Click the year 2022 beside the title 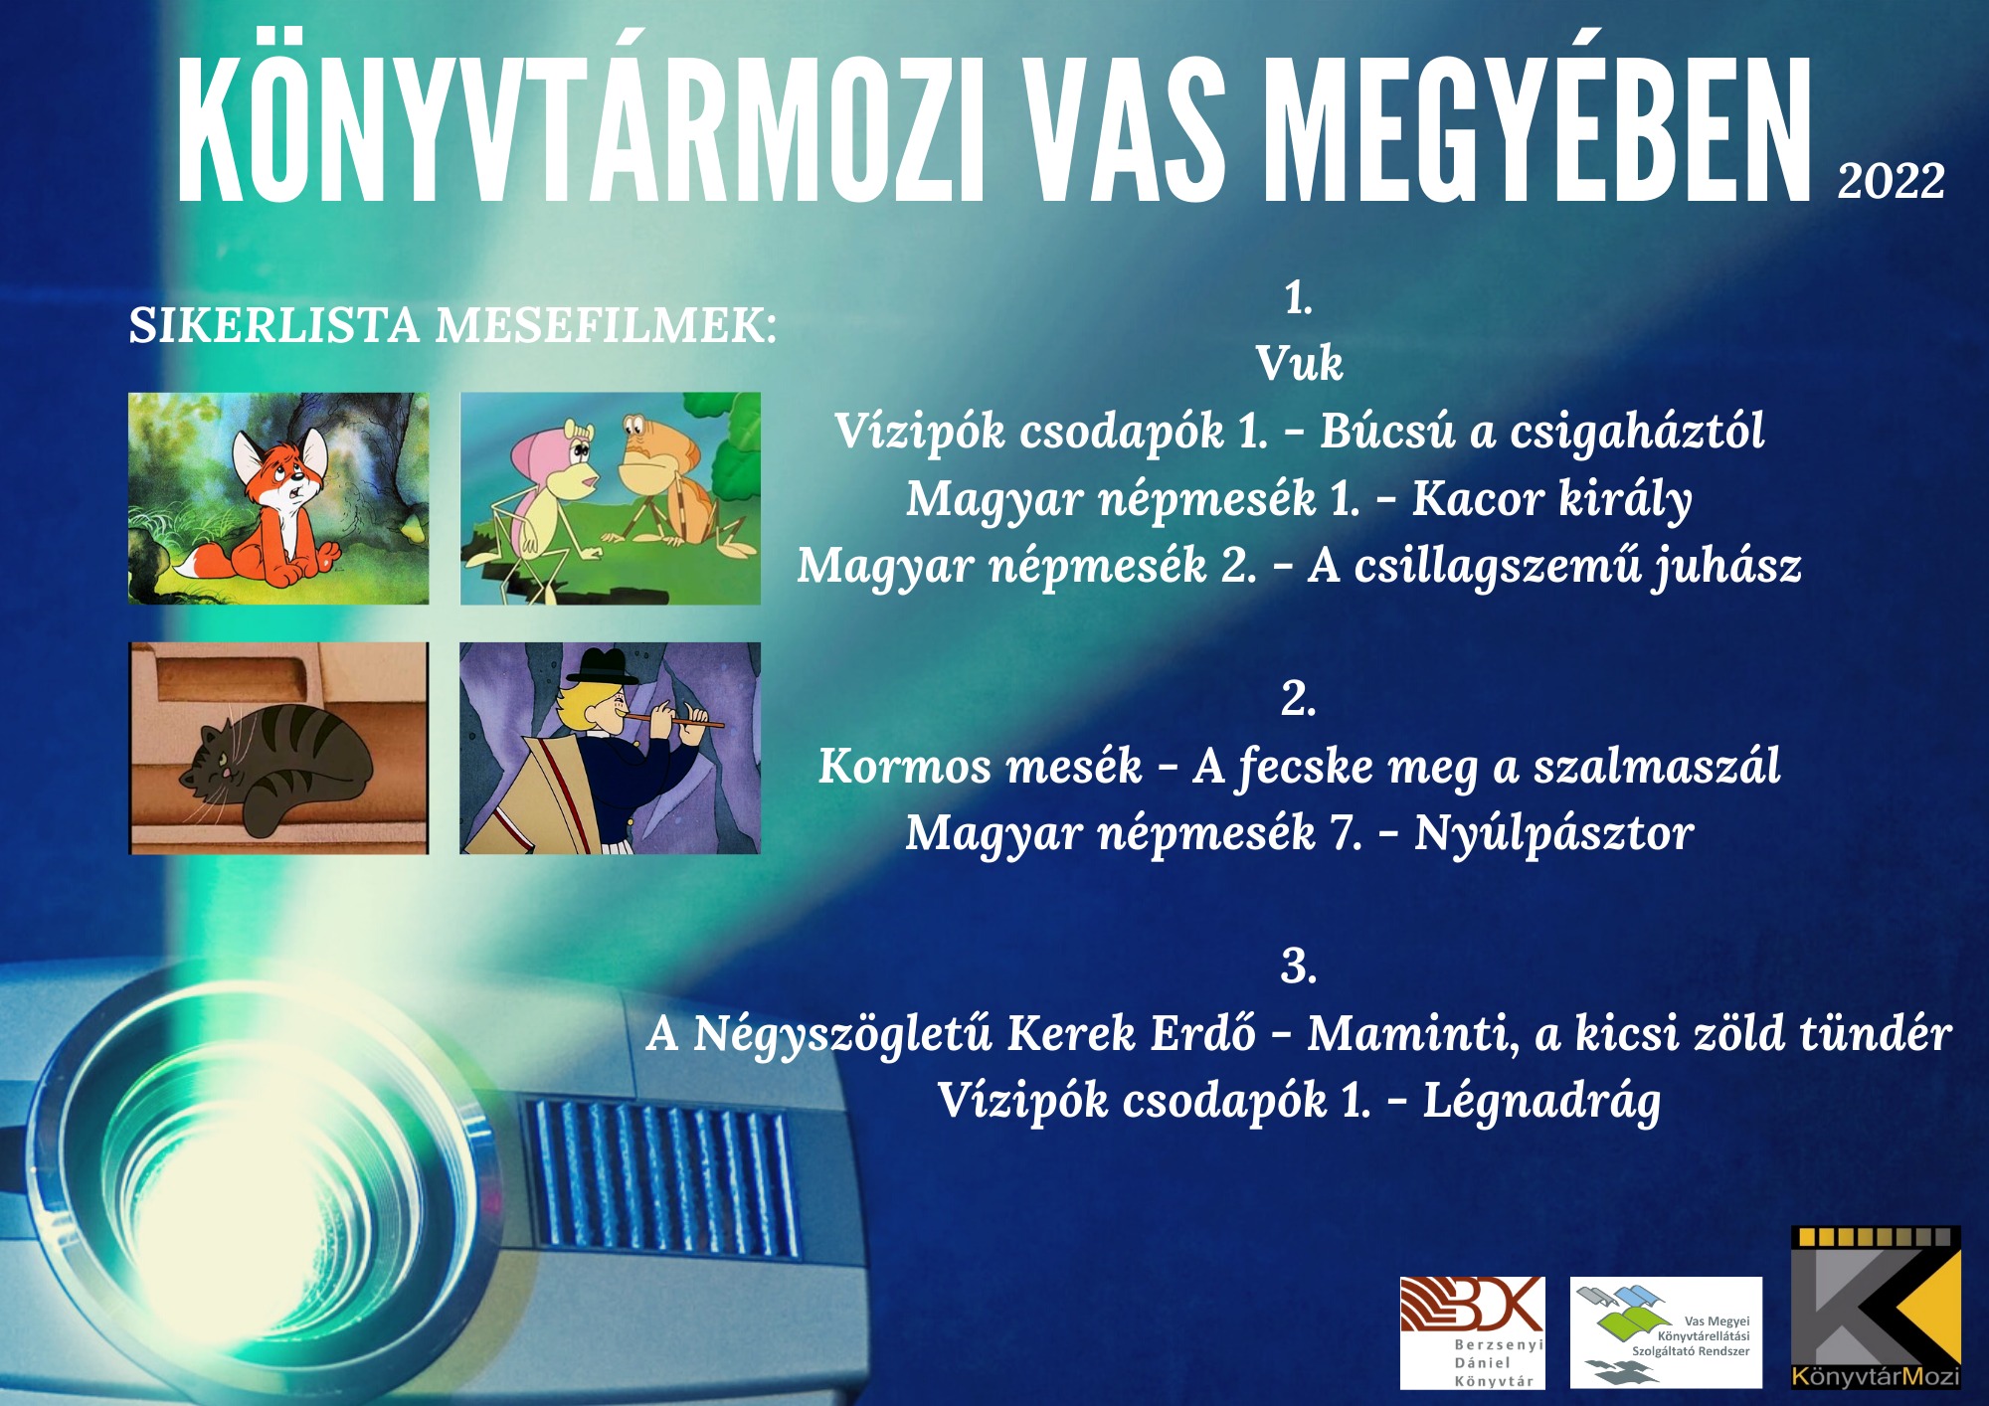[x=1891, y=181]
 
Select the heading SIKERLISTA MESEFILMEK [x=452, y=326]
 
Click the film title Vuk [x=1299, y=363]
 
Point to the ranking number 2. [x=1299, y=698]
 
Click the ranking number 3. [x=1299, y=966]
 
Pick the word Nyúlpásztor [x=1553, y=833]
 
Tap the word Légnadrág [x=1541, y=1102]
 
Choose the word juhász [x=1728, y=567]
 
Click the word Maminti [x=1413, y=1034]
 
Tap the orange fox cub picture [x=278, y=498]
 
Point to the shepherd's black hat [x=602, y=665]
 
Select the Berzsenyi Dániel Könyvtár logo [x=1472, y=1332]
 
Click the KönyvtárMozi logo [x=1876, y=1308]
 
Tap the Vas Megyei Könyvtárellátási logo [x=1666, y=1332]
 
